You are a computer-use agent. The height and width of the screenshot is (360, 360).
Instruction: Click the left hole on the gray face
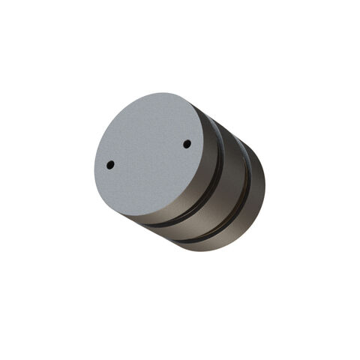click(109, 163)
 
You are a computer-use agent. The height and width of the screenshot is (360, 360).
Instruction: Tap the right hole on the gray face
click(187, 143)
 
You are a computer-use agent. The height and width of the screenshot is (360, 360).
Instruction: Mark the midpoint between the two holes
click(148, 154)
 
